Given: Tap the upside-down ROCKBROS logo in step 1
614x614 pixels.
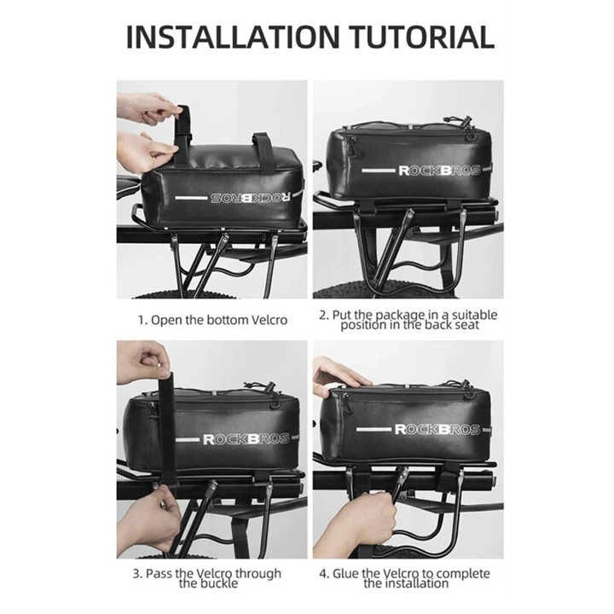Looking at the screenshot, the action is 251,197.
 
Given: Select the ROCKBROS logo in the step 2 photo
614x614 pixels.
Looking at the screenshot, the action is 439,171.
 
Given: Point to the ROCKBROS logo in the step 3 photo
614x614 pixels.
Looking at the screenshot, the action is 246,439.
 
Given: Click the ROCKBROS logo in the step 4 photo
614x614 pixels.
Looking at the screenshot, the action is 437,430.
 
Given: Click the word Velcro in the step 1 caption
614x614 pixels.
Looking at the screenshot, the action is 269,320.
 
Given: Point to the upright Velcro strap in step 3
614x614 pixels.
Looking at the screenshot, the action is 168,427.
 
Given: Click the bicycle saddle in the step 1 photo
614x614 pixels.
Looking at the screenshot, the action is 129,185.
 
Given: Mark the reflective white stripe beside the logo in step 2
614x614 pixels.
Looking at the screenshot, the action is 378,171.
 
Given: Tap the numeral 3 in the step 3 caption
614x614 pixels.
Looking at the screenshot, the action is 136,574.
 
